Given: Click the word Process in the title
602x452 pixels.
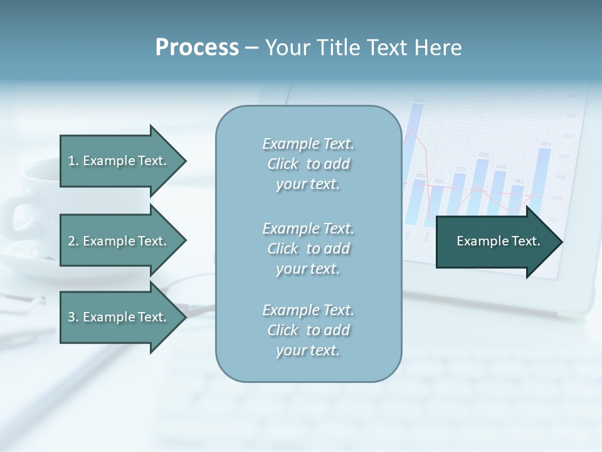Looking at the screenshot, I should [x=197, y=48].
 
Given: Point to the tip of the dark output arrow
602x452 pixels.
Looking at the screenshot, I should [x=562, y=241].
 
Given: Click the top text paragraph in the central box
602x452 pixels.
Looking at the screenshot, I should [x=308, y=164].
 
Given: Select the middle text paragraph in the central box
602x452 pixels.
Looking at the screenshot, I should [x=308, y=248].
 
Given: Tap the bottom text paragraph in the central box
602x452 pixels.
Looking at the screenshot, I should [x=308, y=330].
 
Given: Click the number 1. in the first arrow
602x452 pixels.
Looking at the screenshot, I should [x=73, y=161].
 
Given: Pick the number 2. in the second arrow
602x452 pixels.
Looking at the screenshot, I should [x=73, y=241].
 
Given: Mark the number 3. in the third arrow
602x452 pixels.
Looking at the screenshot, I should [x=73, y=317].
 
